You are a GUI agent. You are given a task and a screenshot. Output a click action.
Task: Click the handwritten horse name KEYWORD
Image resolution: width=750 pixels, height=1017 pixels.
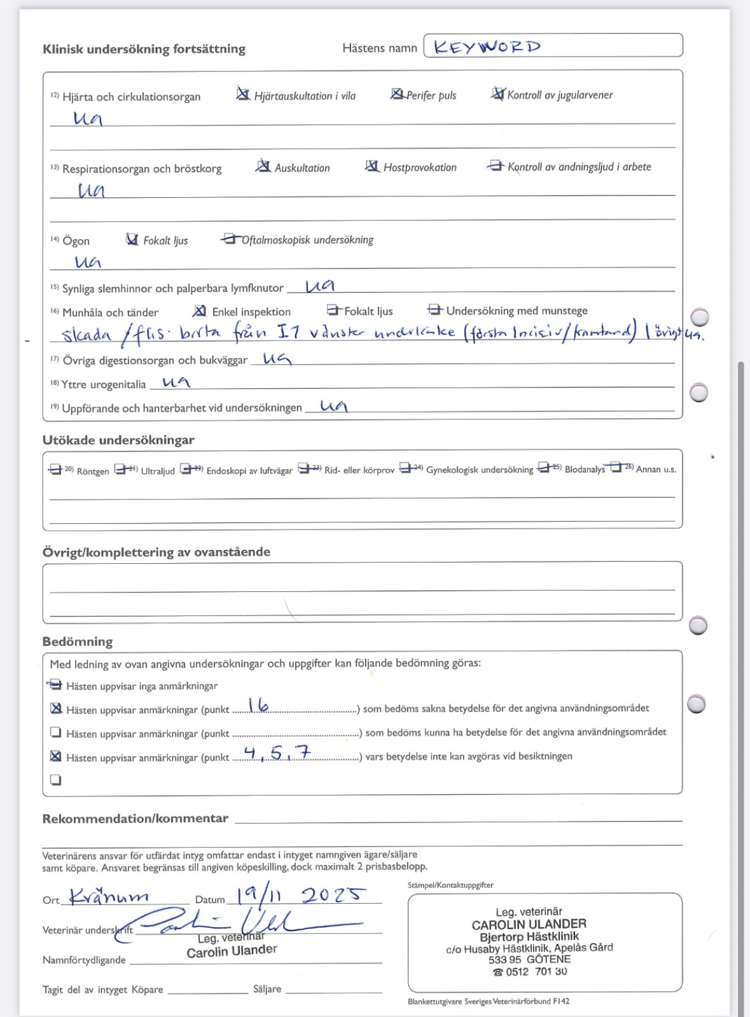pos(487,46)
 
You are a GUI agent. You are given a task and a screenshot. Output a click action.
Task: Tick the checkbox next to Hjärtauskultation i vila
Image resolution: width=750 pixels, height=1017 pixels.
pos(242,95)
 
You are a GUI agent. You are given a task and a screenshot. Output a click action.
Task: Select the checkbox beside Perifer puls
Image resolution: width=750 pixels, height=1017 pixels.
pos(396,94)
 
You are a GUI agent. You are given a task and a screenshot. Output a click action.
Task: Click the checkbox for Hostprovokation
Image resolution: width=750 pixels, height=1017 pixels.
pos(372,166)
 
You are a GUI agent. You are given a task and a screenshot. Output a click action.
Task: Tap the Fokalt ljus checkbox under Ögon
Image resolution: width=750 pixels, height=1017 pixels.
pos(132,239)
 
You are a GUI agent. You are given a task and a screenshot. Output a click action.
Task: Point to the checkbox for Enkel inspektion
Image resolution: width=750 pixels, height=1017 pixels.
pos(199,311)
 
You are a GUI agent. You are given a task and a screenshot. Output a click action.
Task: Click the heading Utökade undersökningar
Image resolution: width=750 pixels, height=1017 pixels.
pos(118,440)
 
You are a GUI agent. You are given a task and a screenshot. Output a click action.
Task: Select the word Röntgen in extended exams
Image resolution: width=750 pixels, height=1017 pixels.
pos(93,472)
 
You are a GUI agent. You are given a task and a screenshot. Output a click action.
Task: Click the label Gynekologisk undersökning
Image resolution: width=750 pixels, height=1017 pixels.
pos(480,470)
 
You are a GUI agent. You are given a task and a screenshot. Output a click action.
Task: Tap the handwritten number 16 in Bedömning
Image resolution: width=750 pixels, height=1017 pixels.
pos(258,705)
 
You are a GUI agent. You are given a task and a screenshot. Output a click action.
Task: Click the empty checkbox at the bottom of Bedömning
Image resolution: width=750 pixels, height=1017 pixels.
pos(55,780)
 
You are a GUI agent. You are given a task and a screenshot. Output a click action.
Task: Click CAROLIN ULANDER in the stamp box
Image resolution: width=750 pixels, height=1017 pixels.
pos(529,923)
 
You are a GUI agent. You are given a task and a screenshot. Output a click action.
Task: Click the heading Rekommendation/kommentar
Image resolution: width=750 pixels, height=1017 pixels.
pos(135,818)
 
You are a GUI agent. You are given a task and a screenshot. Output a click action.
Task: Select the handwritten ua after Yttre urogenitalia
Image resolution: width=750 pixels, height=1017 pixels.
pos(176,382)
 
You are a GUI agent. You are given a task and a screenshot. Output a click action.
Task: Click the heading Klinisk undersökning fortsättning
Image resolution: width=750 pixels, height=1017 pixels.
pos(144,49)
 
